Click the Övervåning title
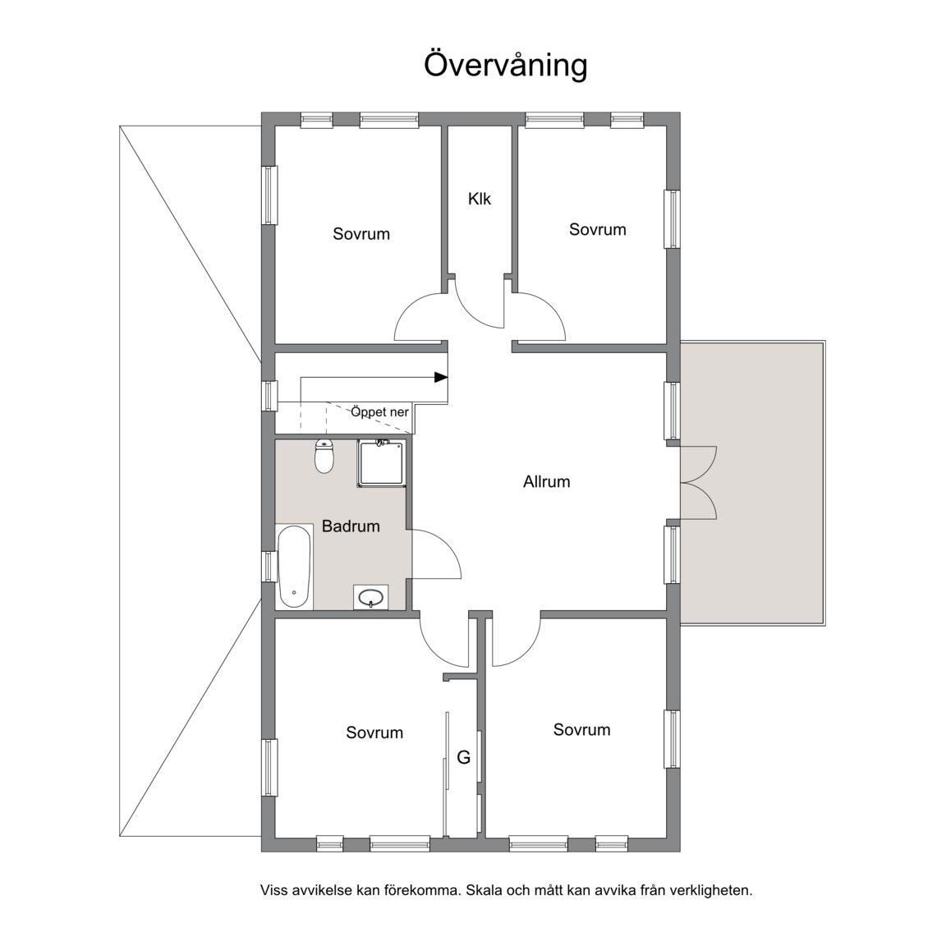[506, 65]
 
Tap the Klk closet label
[480, 199]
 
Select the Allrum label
[547, 481]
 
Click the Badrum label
[351, 526]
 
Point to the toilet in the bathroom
[324, 457]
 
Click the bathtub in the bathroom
[295, 567]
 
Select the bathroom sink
[370, 597]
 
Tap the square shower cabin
[381, 463]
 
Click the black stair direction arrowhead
[441, 378]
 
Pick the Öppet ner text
[380, 413]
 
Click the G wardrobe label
[463, 757]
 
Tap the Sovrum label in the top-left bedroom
[361, 234]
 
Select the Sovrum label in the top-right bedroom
[597, 229]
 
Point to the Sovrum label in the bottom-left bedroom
[374, 732]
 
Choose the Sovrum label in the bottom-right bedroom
[581, 729]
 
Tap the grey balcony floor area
[752, 483]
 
